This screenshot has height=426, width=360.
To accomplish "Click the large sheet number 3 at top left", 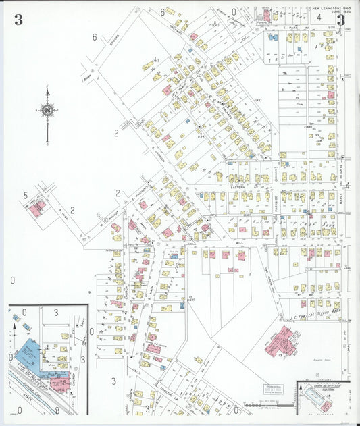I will [18, 20].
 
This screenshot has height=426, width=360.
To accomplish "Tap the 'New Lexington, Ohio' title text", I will [329, 9].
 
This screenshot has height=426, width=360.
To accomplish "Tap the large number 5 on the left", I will [26, 196].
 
